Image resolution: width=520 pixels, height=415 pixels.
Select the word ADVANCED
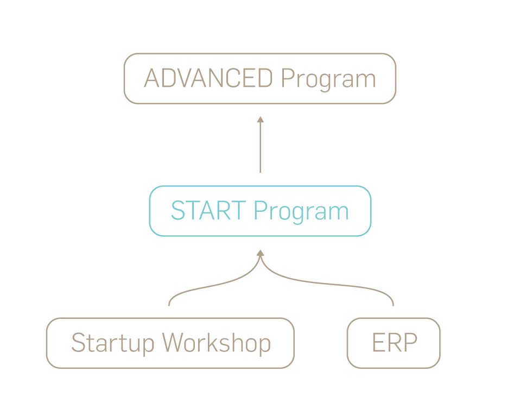click(x=208, y=79)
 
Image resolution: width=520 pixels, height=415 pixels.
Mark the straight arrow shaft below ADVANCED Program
click(x=260, y=149)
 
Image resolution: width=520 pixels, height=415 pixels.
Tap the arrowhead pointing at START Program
click(x=260, y=253)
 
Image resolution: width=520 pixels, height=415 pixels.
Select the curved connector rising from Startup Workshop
click(x=206, y=286)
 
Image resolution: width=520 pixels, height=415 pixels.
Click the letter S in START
click(x=177, y=211)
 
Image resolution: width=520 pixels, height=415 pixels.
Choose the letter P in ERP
click(x=410, y=343)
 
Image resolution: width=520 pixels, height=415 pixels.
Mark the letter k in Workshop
click(x=221, y=343)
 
